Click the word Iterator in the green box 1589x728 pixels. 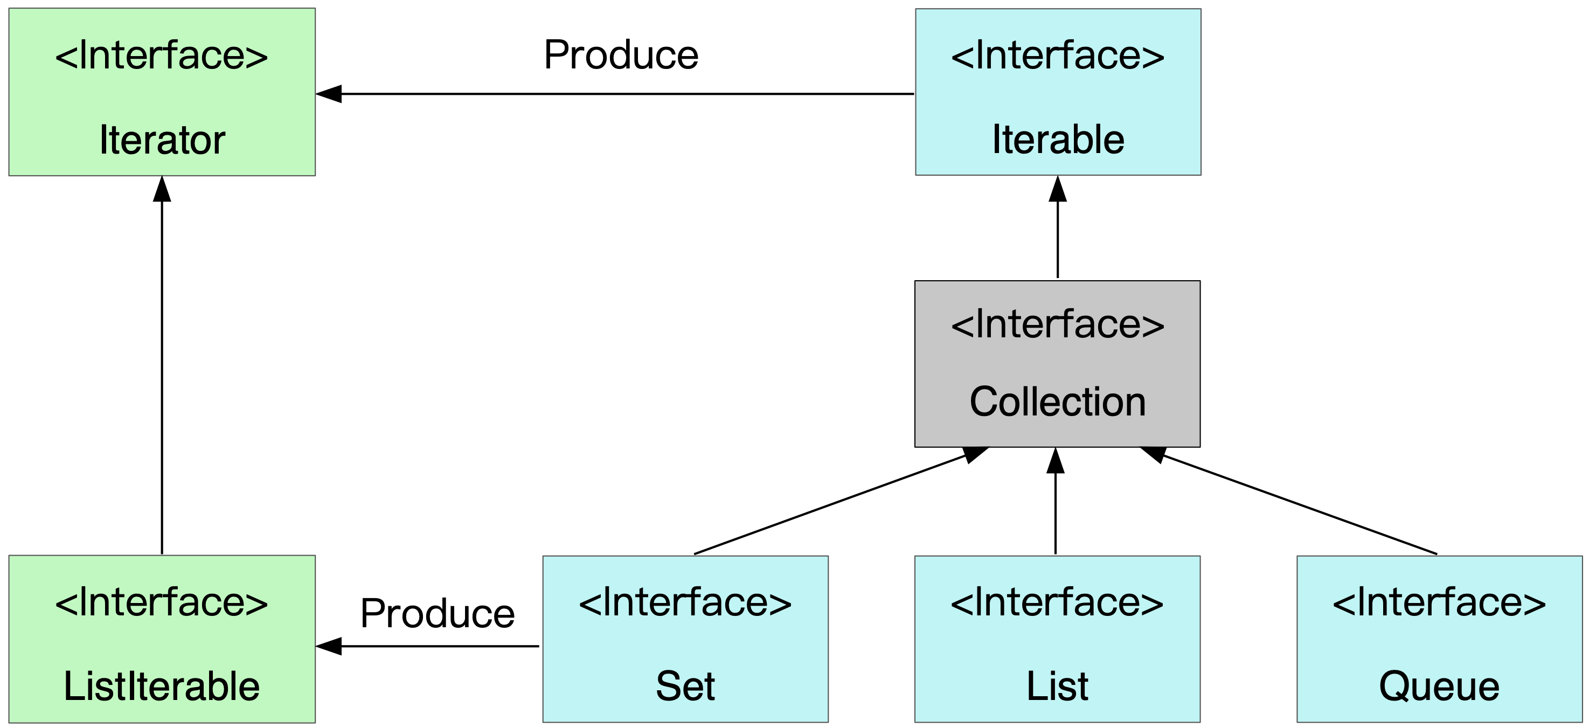click(x=162, y=140)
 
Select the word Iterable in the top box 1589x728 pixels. click(x=1058, y=140)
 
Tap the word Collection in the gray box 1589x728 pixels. click(x=1057, y=401)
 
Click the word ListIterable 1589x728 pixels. click(x=162, y=686)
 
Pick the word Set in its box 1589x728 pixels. click(x=685, y=686)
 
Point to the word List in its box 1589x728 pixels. click(x=1057, y=686)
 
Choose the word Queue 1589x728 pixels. click(x=1439, y=686)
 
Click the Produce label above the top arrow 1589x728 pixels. click(x=621, y=55)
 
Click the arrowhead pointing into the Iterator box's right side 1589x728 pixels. click(x=329, y=94)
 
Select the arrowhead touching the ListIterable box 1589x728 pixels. click(x=329, y=646)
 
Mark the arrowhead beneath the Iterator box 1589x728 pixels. click(x=162, y=189)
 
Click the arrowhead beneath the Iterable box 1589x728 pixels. click(x=1057, y=189)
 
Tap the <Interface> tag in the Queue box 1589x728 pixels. click(x=1439, y=603)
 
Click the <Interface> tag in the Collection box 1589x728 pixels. click(x=1057, y=325)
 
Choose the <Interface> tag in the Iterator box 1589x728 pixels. click(x=162, y=56)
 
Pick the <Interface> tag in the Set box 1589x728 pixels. click(x=685, y=603)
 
